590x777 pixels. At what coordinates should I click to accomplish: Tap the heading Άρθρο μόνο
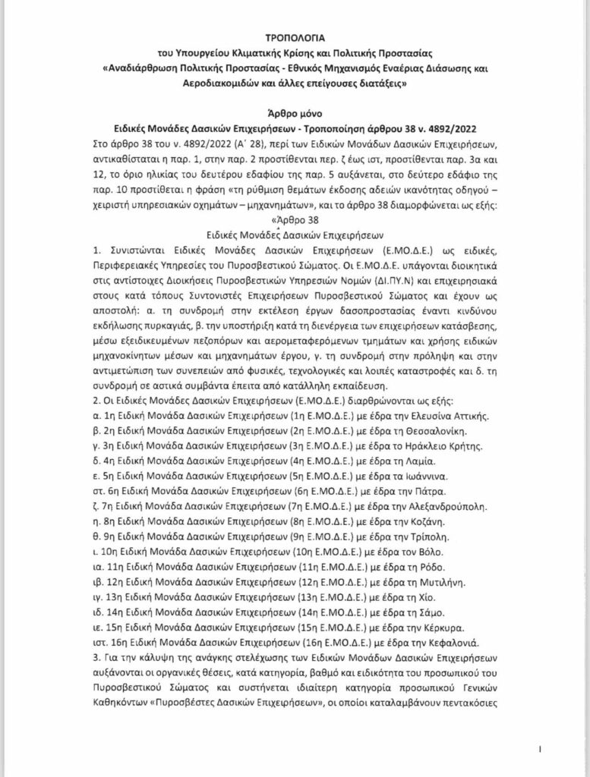pos(294,109)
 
